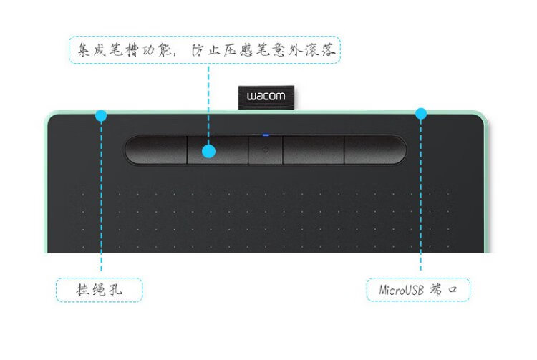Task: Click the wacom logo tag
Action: pyautogui.click(x=266, y=97)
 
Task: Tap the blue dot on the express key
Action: pyautogui.click(x=208, y=151)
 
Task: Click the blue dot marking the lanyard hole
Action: pyautogui.click(x=100, y=115)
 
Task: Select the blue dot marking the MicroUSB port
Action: pyautogui.click(x=421, y=113)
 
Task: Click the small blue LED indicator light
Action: pyautogui.click(x=266, y=134)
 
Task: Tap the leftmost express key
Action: pyautogui.click(x=156, y=151)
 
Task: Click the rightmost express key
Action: pyautogui.click(x=374, y=150)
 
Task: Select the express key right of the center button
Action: pyautogui.click(x=313, y=150)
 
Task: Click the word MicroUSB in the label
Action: pyautogui.click(x=401, y=291)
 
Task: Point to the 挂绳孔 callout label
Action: pyautogui.click(x=100, y=291)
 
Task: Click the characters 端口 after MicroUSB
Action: pyautogui.click(x=448, y=291)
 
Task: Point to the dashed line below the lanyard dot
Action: pyautogui.click(x=101, y=200)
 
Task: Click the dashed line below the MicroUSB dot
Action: pyautogui.click(x=421, y=200)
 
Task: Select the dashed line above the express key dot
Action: pyautogui.click(x=208, y=100)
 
